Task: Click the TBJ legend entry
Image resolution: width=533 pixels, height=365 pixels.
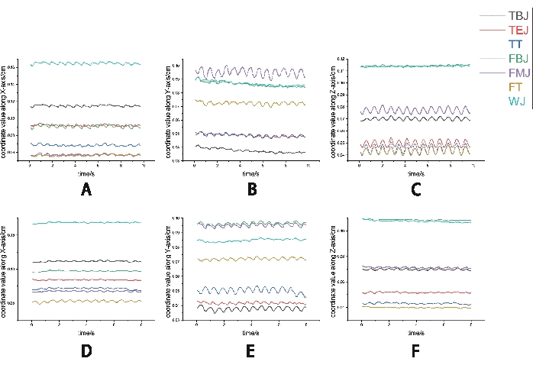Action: pyautogui.click(x=516, y=15)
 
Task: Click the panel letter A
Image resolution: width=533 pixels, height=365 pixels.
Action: pyautogui.click(x=86, y=191)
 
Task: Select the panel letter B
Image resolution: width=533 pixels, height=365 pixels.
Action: pyautogui.click(x=252, y=191)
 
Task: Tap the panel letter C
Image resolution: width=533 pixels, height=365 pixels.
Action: pyautogui.click(x=416, y=191)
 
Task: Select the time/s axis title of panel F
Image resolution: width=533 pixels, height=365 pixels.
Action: pyautogui.click(x=415, y=332)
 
